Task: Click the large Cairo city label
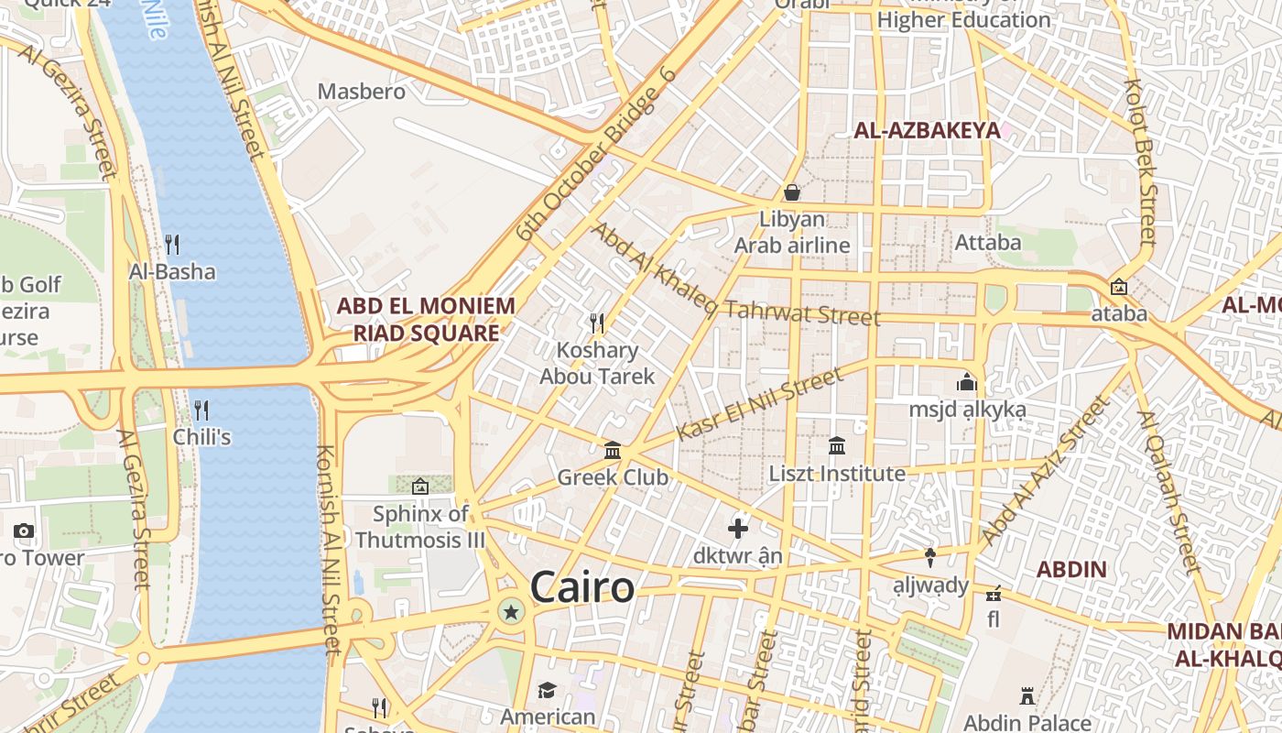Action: click(x=582, y=586)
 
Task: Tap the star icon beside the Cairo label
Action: click(x=511, y=611)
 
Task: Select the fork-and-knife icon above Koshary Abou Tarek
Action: click(x=597, y=323)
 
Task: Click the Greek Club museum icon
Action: click(x=613, y=450)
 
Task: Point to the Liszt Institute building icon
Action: click(x=837, y=446)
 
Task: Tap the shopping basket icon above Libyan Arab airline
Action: click(x=792, y=192)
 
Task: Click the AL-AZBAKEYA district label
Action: click(x=927, y=130)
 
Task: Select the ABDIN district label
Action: click(x=1071, y=569)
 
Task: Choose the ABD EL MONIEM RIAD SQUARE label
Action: click(x=427, y=319)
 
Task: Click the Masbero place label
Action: click(x=361, y=92)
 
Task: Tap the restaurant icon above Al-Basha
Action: click(x=172, y=244)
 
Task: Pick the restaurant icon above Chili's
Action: click(x=201, y=410)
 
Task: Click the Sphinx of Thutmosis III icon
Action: click(x=420, y=487)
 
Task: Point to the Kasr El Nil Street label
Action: click(x=759, y=404)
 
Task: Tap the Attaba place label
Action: click(x=987, y=243)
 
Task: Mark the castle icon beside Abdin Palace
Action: click(x=1027, y=696)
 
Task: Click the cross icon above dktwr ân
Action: click(x=738, y=529)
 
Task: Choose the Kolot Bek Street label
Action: click(x=1141, y=161)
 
